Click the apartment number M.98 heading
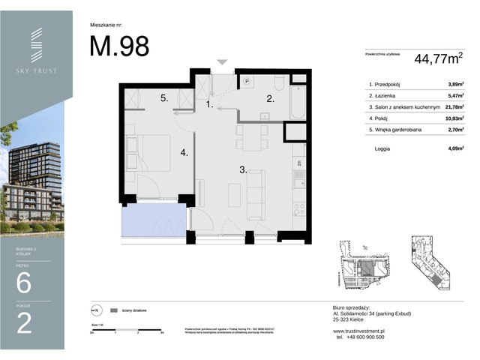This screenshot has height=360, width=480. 119,46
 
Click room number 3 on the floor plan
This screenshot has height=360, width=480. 243,170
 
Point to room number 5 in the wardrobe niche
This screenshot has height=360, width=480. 163,98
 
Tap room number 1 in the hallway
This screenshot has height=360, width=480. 211,106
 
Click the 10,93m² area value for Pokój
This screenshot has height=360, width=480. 452,118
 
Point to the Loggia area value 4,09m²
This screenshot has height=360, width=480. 452,148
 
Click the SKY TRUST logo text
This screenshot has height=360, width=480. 36,71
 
